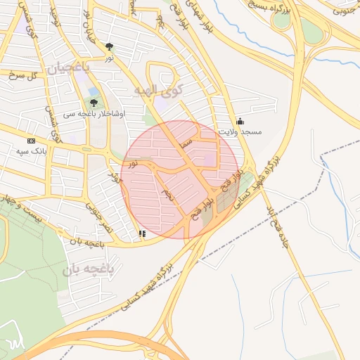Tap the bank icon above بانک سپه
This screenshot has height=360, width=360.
30,141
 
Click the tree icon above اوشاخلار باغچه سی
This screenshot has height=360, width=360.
94,103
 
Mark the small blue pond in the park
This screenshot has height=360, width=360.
94,91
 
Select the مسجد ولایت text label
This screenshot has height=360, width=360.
240,131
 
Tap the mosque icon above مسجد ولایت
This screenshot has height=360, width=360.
240,121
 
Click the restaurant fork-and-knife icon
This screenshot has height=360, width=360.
143,233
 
